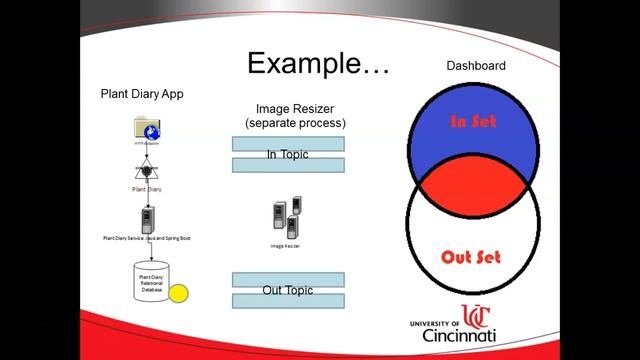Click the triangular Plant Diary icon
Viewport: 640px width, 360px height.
tap(147, 173)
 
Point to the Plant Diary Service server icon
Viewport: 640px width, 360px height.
tap(147, 218)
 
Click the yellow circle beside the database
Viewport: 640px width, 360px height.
tap(178, 294)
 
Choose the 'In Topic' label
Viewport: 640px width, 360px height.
tap(288, 154)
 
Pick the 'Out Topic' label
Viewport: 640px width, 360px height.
tap(288, 290)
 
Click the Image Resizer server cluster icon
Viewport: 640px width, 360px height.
tap(287, 218)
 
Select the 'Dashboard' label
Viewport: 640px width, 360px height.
tap(475, 66)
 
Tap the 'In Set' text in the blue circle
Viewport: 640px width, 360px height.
tap(473, 122)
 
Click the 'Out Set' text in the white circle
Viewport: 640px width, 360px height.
tap(471, 256)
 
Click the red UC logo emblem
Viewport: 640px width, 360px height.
tap(475, 318)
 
